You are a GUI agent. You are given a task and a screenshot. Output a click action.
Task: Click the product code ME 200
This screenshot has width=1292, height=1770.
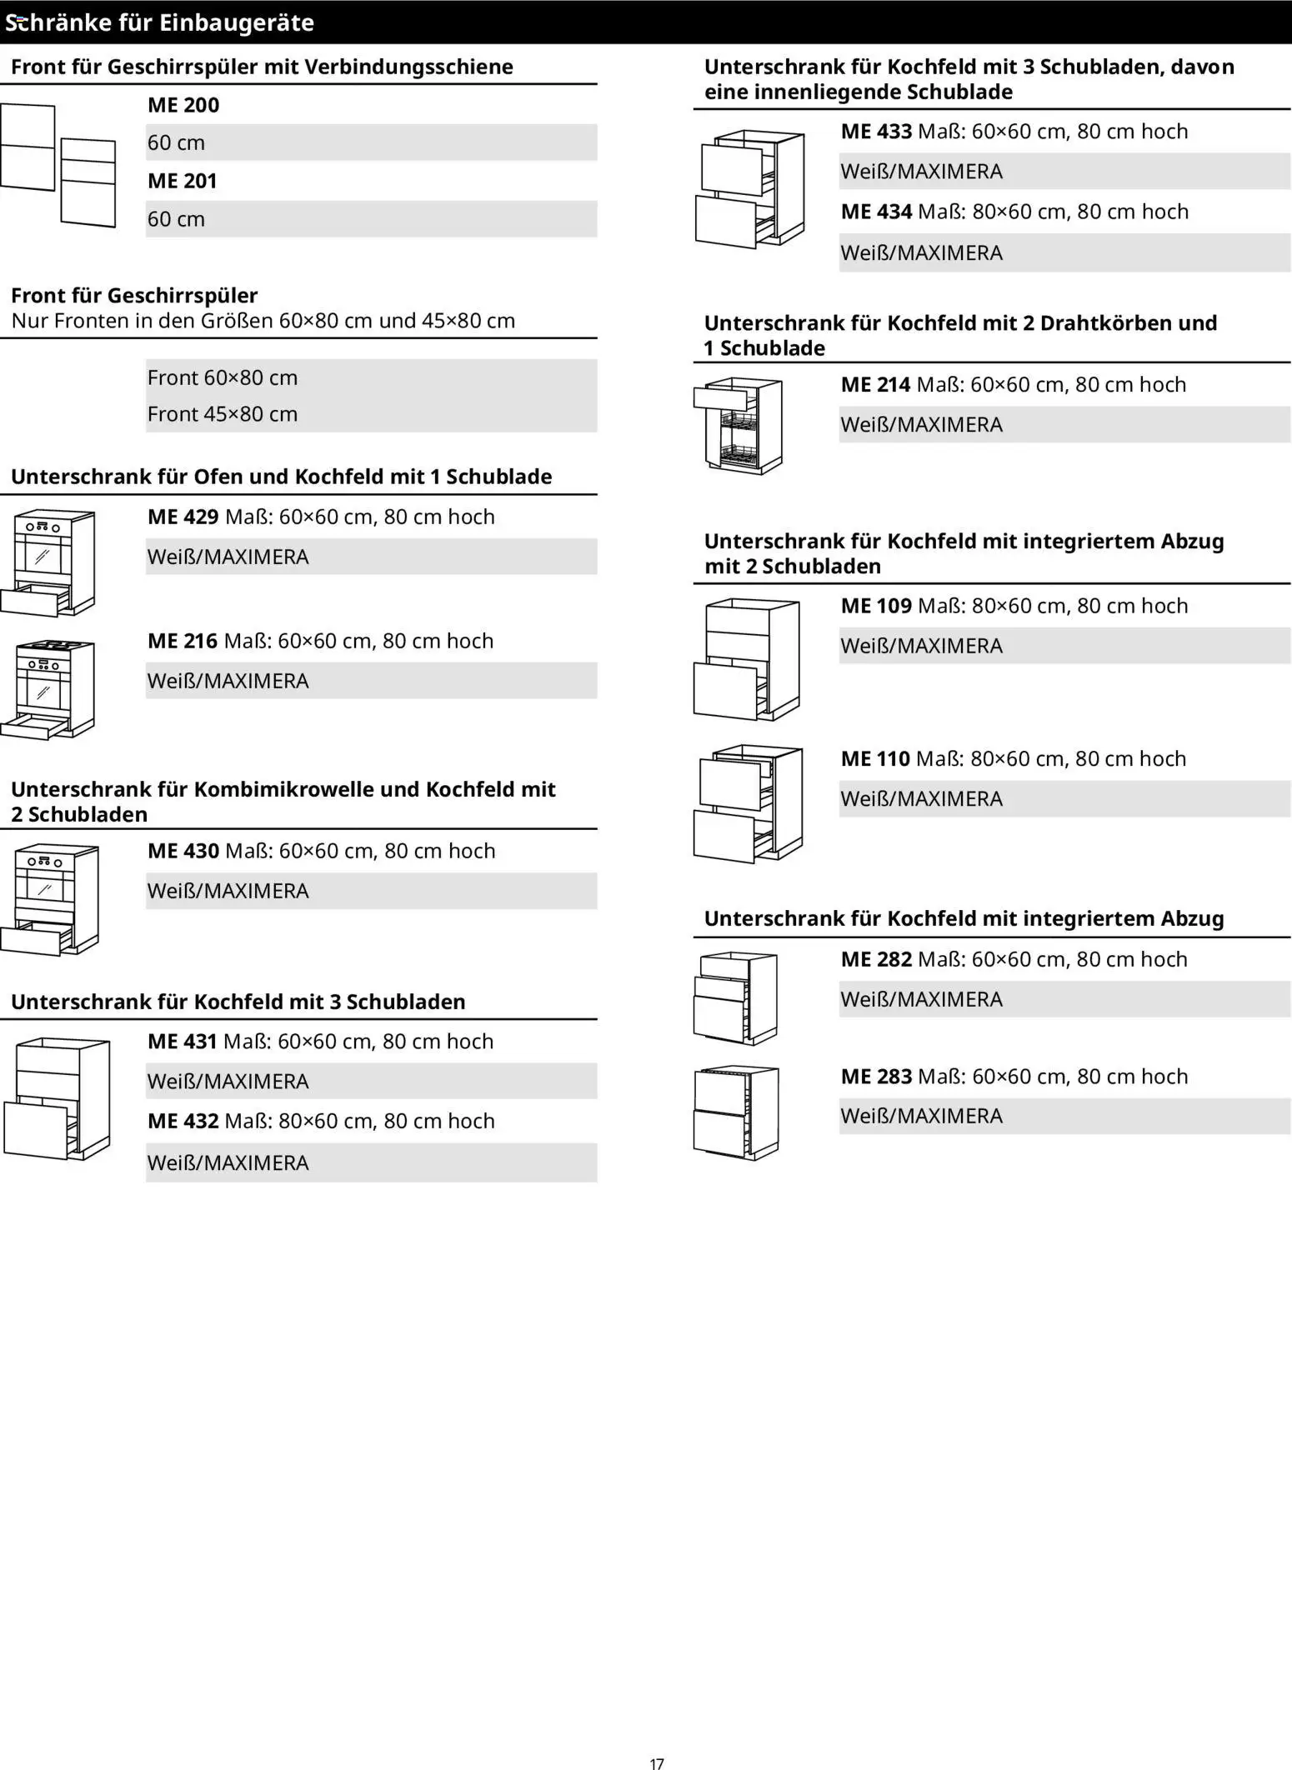183,106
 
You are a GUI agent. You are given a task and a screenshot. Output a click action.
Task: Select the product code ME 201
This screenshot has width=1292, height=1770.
183,181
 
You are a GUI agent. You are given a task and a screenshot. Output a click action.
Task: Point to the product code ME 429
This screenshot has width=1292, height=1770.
183,517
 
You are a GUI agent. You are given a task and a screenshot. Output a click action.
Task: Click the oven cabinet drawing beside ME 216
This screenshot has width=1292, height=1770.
48,688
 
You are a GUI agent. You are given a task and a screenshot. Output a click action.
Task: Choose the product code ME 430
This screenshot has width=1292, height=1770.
183,851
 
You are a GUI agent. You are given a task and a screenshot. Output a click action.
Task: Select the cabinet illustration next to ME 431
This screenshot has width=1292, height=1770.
57,1098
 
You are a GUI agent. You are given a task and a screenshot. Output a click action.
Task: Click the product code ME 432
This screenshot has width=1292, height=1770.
183,1121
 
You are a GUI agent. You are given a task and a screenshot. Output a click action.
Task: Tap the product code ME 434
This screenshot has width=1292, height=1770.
876,212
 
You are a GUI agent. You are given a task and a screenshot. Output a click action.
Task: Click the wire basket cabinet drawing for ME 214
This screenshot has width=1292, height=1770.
739,426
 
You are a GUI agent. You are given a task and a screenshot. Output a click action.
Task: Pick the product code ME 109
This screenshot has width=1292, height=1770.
876,606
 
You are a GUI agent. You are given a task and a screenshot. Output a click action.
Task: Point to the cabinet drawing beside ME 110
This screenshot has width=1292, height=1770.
748,803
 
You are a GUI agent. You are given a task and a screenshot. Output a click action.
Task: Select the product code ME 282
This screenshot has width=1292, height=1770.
876,959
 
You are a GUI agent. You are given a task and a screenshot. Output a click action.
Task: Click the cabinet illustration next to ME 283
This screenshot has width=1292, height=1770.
736,1112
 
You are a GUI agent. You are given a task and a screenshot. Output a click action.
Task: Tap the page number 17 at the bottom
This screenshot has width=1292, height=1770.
657,1763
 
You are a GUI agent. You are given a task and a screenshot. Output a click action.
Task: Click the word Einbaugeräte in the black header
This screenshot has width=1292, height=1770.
236,22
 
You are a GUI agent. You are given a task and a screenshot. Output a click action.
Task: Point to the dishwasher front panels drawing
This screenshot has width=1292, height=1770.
58,163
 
